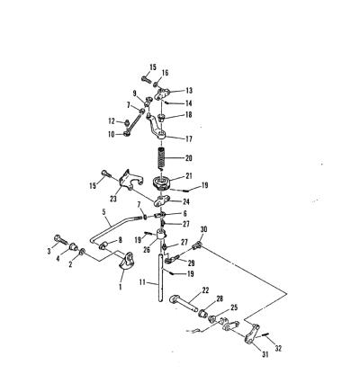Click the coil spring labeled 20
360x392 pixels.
162,158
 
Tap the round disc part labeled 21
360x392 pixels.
161,183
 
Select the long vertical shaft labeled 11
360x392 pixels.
161,277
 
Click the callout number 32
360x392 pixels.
279,349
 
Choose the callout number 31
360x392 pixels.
265,354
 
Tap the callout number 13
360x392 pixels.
189,91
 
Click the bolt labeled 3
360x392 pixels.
61,240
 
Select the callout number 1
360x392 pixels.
121,287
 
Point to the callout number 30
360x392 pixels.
203,229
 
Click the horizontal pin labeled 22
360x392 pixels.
184,304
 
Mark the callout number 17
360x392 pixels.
189,139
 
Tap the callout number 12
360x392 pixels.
112,121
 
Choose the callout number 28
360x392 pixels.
220,298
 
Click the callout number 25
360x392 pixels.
234,307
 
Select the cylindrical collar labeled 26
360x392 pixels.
161,234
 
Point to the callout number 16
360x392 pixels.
165,73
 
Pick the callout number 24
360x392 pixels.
186,201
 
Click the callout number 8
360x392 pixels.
121,240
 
